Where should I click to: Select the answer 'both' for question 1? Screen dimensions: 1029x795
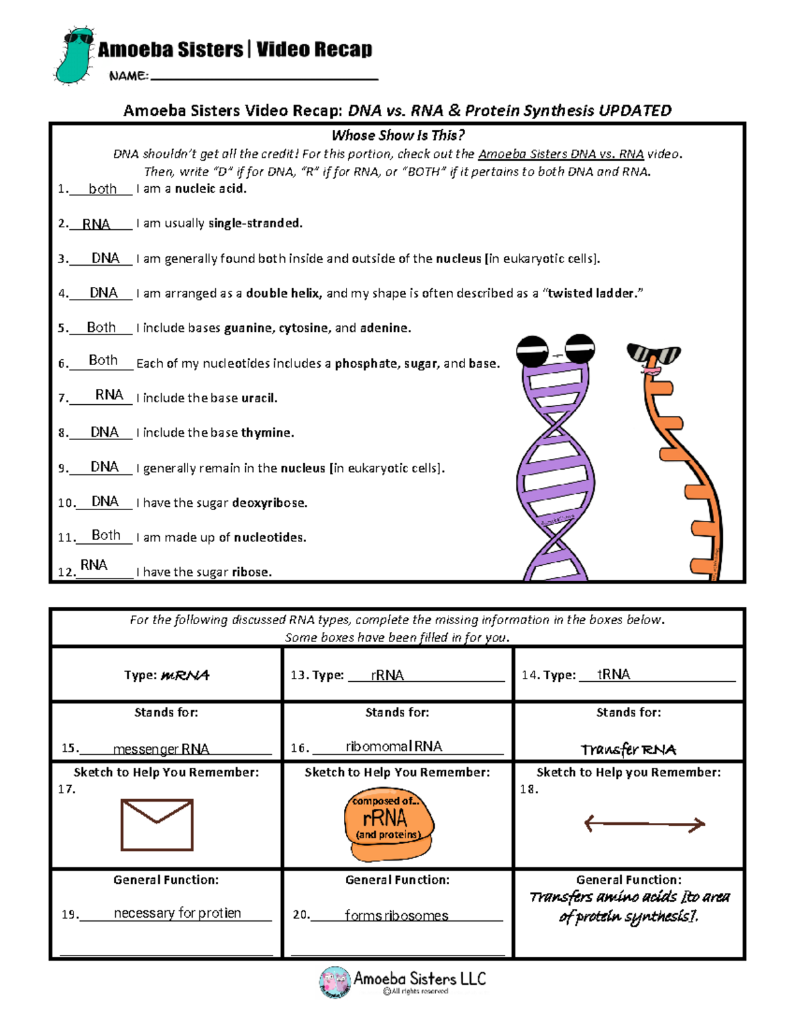click(103, 189)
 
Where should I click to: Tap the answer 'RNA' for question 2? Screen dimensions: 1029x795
click(96, 224)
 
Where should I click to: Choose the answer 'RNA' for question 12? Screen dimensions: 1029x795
click(93, 565)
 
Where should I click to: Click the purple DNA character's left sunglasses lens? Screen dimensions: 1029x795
click(532, 351)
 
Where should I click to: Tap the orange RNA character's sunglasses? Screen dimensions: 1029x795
click(653, 354)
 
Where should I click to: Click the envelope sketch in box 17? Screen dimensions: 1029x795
click(157, 825)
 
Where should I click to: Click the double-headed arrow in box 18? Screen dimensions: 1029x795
click(645, 824)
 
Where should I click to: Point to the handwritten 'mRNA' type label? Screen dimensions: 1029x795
click(185, 675)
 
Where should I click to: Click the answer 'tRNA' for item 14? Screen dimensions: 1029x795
click(613, 675)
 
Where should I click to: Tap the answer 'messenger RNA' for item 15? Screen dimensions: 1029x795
click(161, 749)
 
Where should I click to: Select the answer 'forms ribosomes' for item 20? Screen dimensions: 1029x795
click(396, 916)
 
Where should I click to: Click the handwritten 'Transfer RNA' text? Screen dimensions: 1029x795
click(628, 749)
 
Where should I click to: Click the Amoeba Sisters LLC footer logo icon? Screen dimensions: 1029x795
click(335, 982)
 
